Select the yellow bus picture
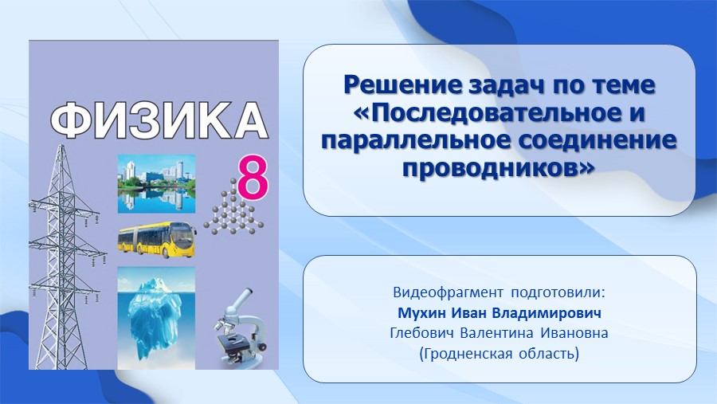click(x=157, y=240)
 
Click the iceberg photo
click(x=156, y=317)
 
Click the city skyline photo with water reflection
click(x=156, y=184)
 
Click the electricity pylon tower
click(x=64, y=257)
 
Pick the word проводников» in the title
click(x=499, y=168)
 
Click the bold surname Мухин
click(x=421, y=313)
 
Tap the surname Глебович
click(x=422, y=333)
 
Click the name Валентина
click(x=496, y=334)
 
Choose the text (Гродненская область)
click(x=500, y=354)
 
